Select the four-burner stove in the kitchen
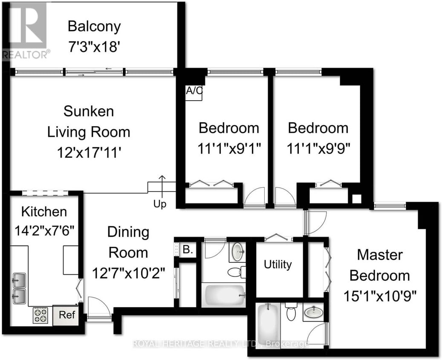[41, 316]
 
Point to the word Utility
[277, 264]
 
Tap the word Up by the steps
[160, 204]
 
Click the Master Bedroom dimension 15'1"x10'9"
[380, 295]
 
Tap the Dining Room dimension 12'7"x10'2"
[128, 272]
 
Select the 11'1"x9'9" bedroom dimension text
[318, 148]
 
